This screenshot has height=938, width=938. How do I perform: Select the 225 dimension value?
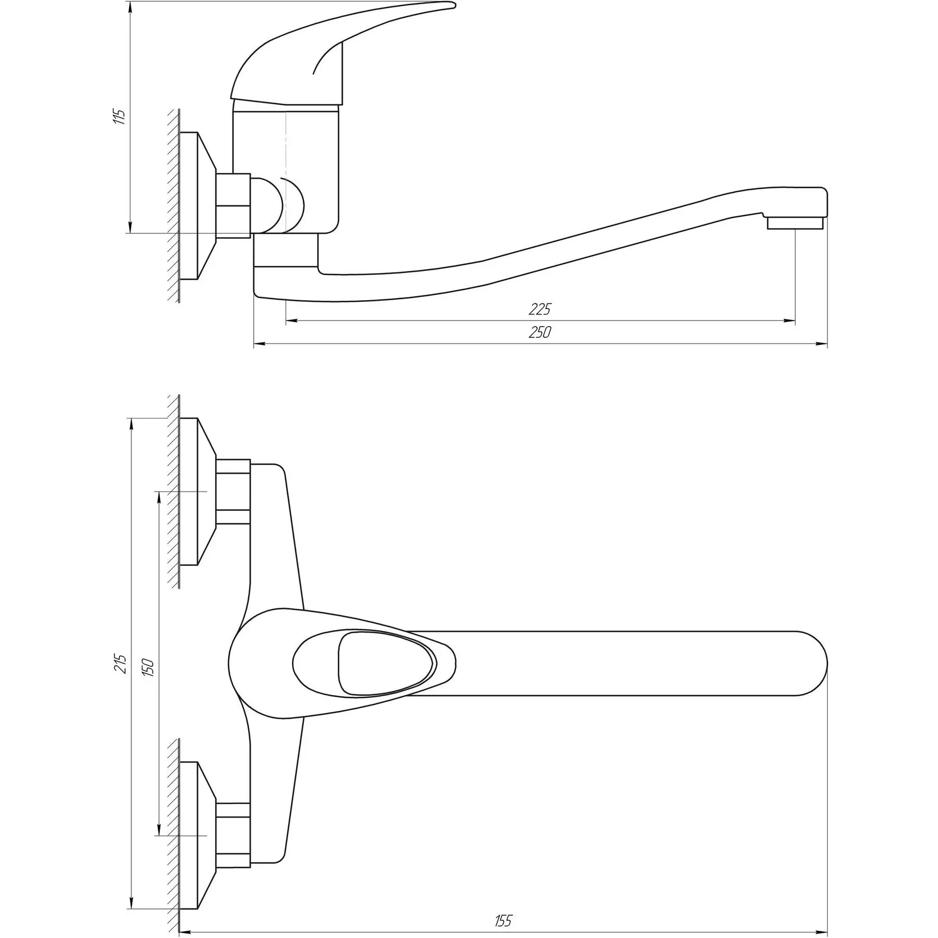click(539, 309)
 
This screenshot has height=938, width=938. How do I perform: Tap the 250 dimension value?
click(539, 332)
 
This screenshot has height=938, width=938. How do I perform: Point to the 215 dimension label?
click(120, 663)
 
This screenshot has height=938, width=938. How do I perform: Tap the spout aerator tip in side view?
click(796, 224)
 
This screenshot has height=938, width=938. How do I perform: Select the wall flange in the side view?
click(198, 206)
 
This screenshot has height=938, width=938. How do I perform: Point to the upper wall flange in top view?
click(198, 491)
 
